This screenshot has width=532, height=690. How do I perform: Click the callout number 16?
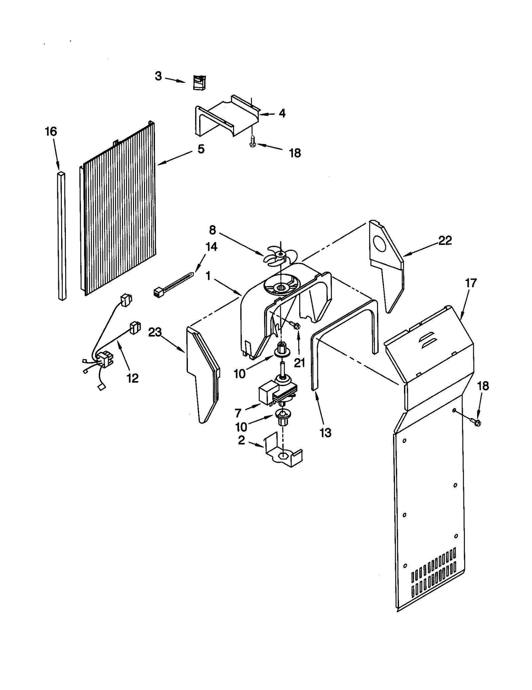point(51,132)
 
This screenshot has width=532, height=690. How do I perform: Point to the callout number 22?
point(445,240)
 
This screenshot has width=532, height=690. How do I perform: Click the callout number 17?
point(470,283)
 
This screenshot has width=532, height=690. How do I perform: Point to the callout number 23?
point(155,332)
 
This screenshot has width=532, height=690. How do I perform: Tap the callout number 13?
point(325,433)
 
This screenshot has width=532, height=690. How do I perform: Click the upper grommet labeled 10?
point(281,350)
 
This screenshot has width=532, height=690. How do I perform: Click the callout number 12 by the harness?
point(133,378)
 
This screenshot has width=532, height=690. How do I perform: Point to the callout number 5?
point(201,149)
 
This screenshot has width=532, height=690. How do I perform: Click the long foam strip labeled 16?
point(62,236)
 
